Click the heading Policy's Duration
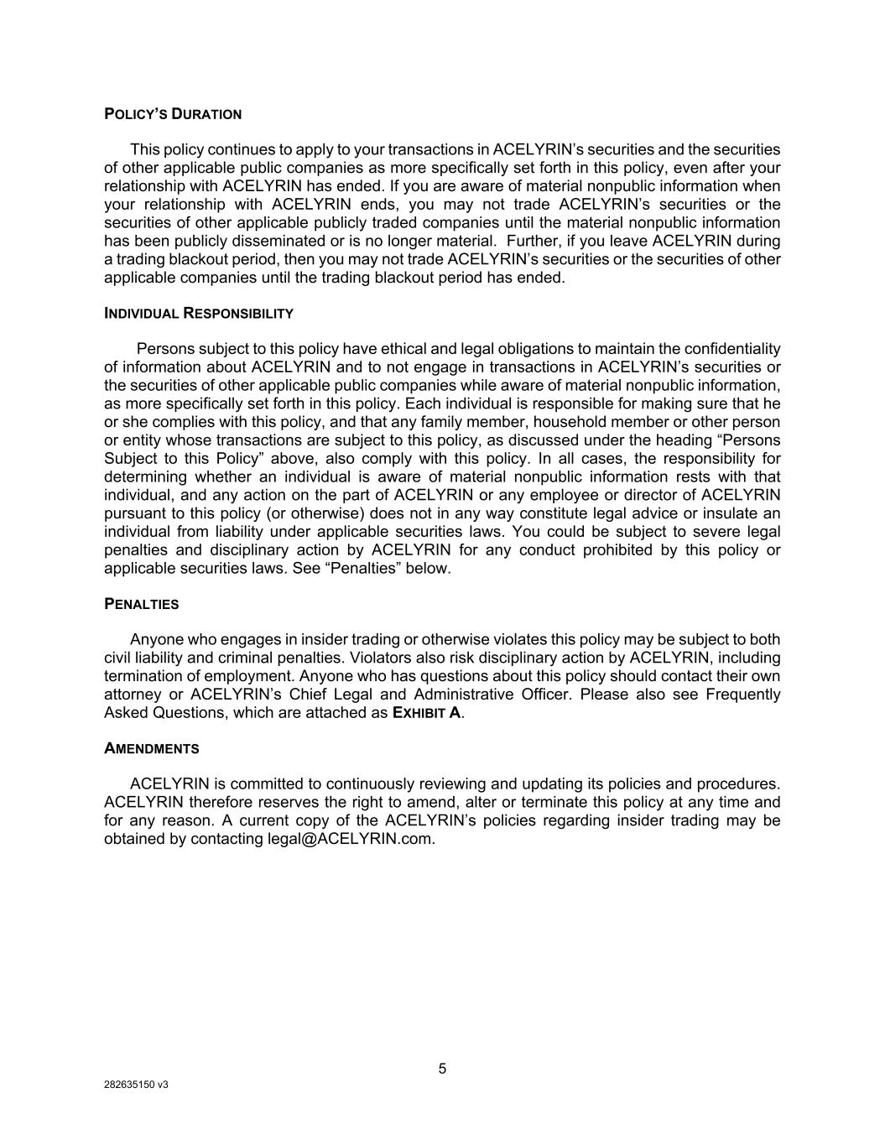173,114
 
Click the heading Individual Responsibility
199,314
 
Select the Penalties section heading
141,604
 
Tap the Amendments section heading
151,748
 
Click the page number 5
442,1069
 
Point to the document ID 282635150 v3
136,1084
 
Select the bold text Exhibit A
426,713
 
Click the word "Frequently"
742,695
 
